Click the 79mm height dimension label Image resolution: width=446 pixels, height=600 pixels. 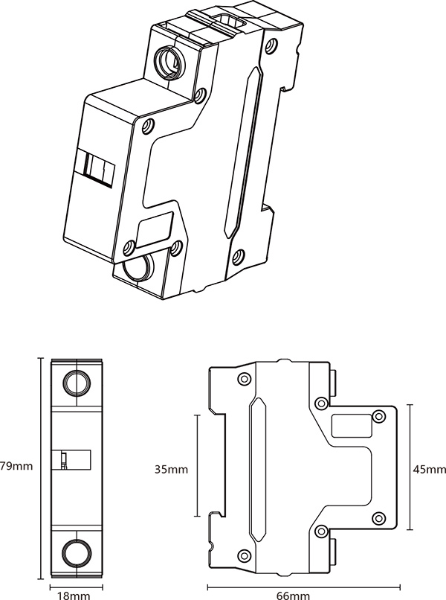pyautogui.click(x=16, y=466)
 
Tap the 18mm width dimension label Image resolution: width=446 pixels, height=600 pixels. pyautogui.click(x=74, y=596)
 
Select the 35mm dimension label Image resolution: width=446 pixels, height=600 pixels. pyautogui.click(x=171, y=469)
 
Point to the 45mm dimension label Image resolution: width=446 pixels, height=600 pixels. pyautogui.click(x=429, y=469)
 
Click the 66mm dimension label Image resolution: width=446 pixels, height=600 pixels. pyautogui.click(x=293, y=596)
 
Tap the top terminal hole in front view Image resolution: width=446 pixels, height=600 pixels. pyautogui.click(x=77, y=383)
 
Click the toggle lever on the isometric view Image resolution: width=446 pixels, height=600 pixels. pyautogui.click(x=99, y=169)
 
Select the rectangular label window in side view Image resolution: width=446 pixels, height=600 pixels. pyautogui.click(x=351, y=426)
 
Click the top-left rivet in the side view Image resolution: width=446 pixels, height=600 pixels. pyautogui.click(x=244, y=379)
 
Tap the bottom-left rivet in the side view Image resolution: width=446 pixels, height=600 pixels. pyautogui.click(x=244, y=555)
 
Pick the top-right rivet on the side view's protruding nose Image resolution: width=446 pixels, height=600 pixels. pyautogui.click(x=379, y=416)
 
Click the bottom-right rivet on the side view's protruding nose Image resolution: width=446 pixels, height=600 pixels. pyautogui.click(x=379, y=519)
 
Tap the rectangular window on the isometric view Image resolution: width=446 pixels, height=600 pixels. pyautogui.click(x=155, y=229)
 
